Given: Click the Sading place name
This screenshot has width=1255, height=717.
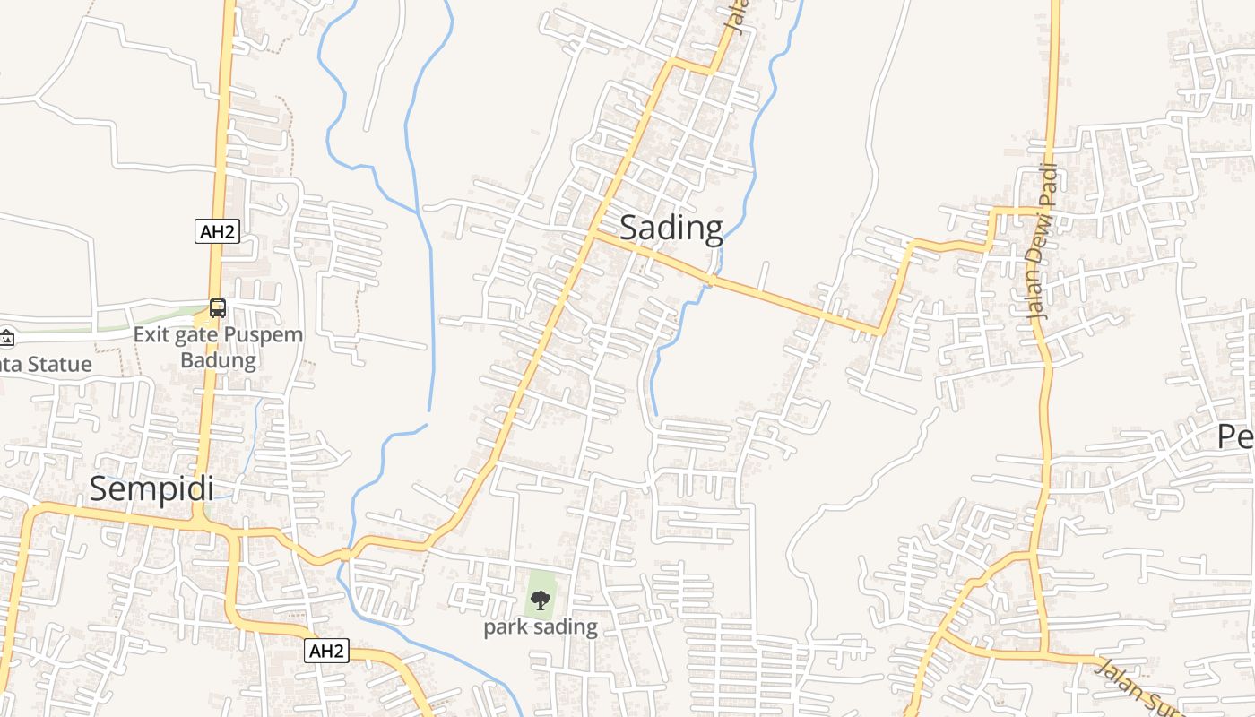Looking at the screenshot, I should click(x=671, y=229).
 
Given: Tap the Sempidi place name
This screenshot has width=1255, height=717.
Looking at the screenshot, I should click(x=151, y=488).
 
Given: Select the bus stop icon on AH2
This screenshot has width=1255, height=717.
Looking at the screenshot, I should click(x=217, y=308).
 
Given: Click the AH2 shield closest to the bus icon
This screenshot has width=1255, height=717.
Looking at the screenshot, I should click(x=217, y=231).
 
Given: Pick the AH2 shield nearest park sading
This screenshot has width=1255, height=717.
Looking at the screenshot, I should click(x=325, y=651).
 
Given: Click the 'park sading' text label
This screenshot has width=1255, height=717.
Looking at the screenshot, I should click(x=540, y=626).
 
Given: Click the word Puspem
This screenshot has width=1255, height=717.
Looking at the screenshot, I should click(x=263, y=336).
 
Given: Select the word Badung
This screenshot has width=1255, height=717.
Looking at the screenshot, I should click(x=218, y=360).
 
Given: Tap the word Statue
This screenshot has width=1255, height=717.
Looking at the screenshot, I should click(x=58, y=365).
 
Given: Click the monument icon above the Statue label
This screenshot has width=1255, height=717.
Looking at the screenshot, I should click(x=6, y=338).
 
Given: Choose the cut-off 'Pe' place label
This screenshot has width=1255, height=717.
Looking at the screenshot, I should click(x=1236, y=436).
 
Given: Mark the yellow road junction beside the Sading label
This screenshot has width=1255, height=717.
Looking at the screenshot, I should click(x=593, y=234).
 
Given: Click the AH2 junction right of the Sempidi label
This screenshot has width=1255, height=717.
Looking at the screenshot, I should click(x=199, y=519).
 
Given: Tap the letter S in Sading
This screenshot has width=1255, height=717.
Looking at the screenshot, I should click(x=630, y=229).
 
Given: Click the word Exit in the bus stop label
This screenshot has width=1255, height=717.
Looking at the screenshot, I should click(x=151, y=336).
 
